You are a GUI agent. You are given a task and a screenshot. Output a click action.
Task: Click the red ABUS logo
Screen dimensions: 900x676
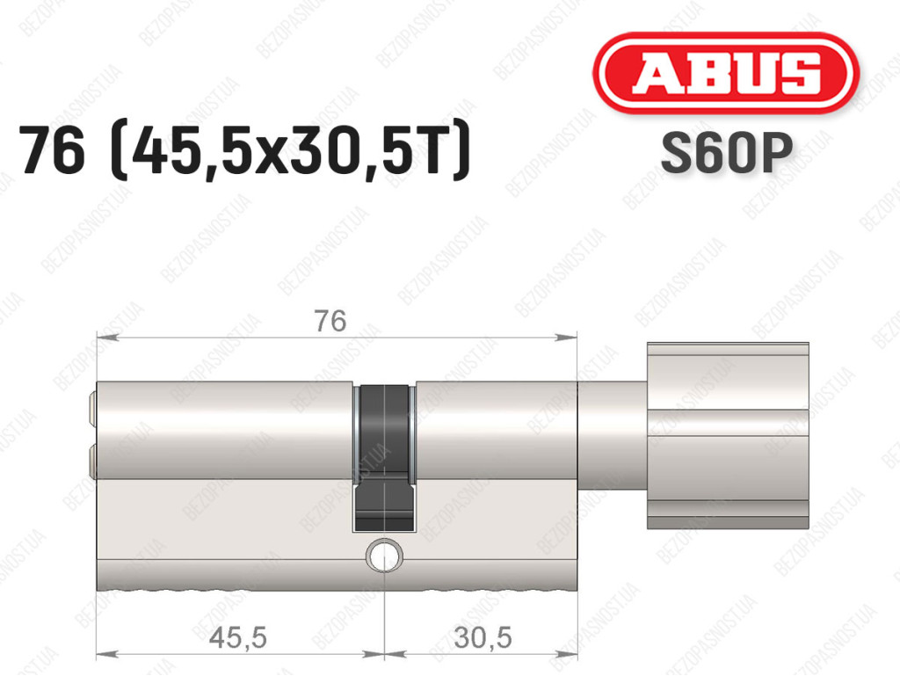pyautogui.click(x=725, y=73)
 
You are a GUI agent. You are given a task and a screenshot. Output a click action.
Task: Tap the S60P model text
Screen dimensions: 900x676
pyautogui.click(x=727, y=153)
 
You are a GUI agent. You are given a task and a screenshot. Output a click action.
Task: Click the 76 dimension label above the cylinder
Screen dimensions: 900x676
pyautogui.click(x=330, y=321)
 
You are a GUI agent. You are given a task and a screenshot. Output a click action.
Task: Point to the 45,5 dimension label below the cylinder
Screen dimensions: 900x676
pyautogui.click(x=237, y=637)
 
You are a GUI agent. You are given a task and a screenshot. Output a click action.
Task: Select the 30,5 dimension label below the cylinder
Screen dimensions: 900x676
pyautogui.click(x=483, y=637)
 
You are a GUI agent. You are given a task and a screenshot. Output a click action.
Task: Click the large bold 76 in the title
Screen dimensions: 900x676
pyautogui.click(x=52, y=150)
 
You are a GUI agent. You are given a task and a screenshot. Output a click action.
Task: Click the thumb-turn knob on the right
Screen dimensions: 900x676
pyautogui.click(x=728, y=435)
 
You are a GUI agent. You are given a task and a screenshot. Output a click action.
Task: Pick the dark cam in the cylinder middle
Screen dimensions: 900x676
pyautogui.click(x=384, y=457)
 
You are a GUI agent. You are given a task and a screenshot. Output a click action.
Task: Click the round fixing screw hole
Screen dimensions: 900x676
pyautogui.click(x=384, y=556)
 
